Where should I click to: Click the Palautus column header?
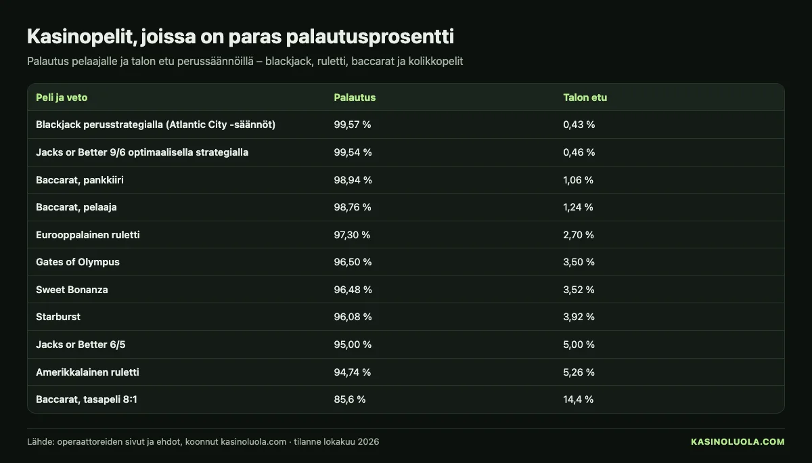pyautogui.click(x=355, y=97)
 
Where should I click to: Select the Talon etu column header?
pyautogui.click(x=585, y=97)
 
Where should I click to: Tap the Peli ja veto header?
pyautogui.click(x=62, y=97)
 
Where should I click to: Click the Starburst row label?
pyautogui.click(x=58, y=317)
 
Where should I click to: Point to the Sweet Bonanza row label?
pyautogui.click(x=72, y=290)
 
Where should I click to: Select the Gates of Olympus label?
pyautogui.click(x=78, y=262)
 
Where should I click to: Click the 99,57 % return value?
pyautogui.click(x=353, y=125)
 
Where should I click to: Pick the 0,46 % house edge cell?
pyautogui.click(x=579, y=152)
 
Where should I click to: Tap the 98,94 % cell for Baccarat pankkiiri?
pyautogui.click(x=353, y=180)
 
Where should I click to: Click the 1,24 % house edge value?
pyautogui.click(x=578, y=207)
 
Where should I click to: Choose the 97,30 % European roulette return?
pyautogui.click(x=352, y=235)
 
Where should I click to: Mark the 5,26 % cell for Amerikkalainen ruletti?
pyautogui.click(x=579, y=372)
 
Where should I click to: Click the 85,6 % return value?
pyautogui.click(x=349, y=399)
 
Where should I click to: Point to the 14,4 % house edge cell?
pyautogui.click(x=578, y=399)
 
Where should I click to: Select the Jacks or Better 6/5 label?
pyautogui.click(x=81, y=345)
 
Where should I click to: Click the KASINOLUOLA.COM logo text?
pyautogui.click(x=738, y=441)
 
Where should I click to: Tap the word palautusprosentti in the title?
pyautogui.click(x=369, y=37)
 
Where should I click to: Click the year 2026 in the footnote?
pyautogui.click(x=368, y=441)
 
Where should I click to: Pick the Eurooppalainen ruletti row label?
pyautogui.click(x=88, y=235)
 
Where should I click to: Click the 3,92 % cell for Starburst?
pyautogui.click(x=579, y=317)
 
